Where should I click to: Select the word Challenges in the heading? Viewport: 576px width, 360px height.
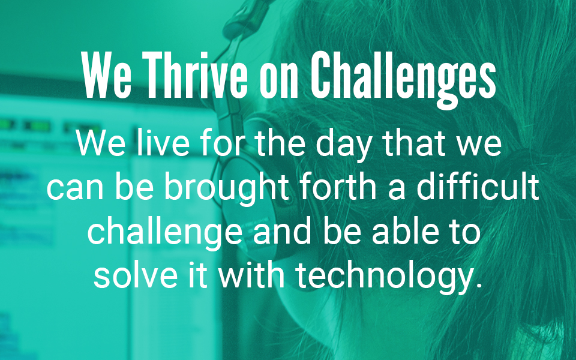point(403,80)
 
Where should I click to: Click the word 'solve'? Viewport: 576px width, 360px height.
point(136,275)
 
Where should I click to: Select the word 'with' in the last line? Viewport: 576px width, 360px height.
point(251,275)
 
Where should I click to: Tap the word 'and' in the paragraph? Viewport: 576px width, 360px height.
point(283,231)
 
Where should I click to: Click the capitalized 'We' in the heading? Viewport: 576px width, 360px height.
point(107,76)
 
